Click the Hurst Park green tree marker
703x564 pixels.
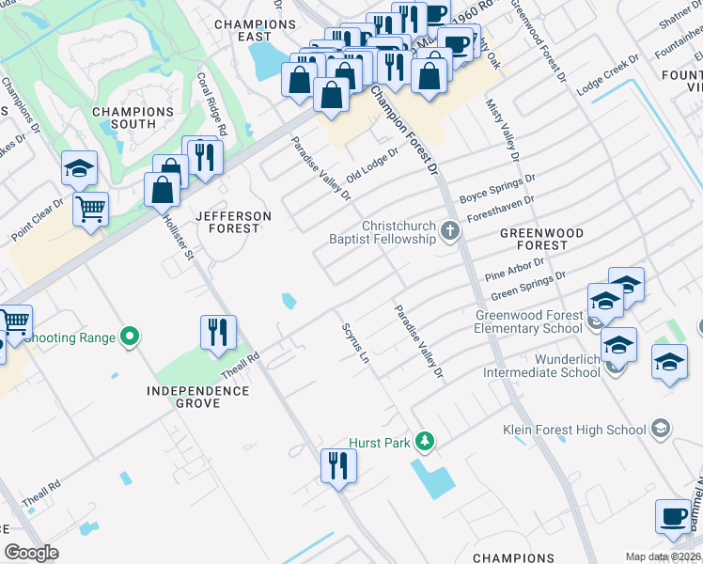point(426,440)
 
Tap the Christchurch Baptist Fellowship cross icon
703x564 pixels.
point(451,230)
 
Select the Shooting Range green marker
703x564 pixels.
point(132,337)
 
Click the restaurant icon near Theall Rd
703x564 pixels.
point(218,332)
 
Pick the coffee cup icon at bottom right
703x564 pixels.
point(673,516)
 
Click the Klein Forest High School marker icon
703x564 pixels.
point(661,430)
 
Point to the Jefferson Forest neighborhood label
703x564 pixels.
point(232,222)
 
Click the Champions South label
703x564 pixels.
point(133,117)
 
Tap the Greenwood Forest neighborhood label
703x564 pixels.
point(541,239)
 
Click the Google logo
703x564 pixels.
point(31,553)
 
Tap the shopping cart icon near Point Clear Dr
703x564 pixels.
point(90,210)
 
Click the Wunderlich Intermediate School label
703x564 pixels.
point(541,365)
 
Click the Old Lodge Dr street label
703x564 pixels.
point(373,166)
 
